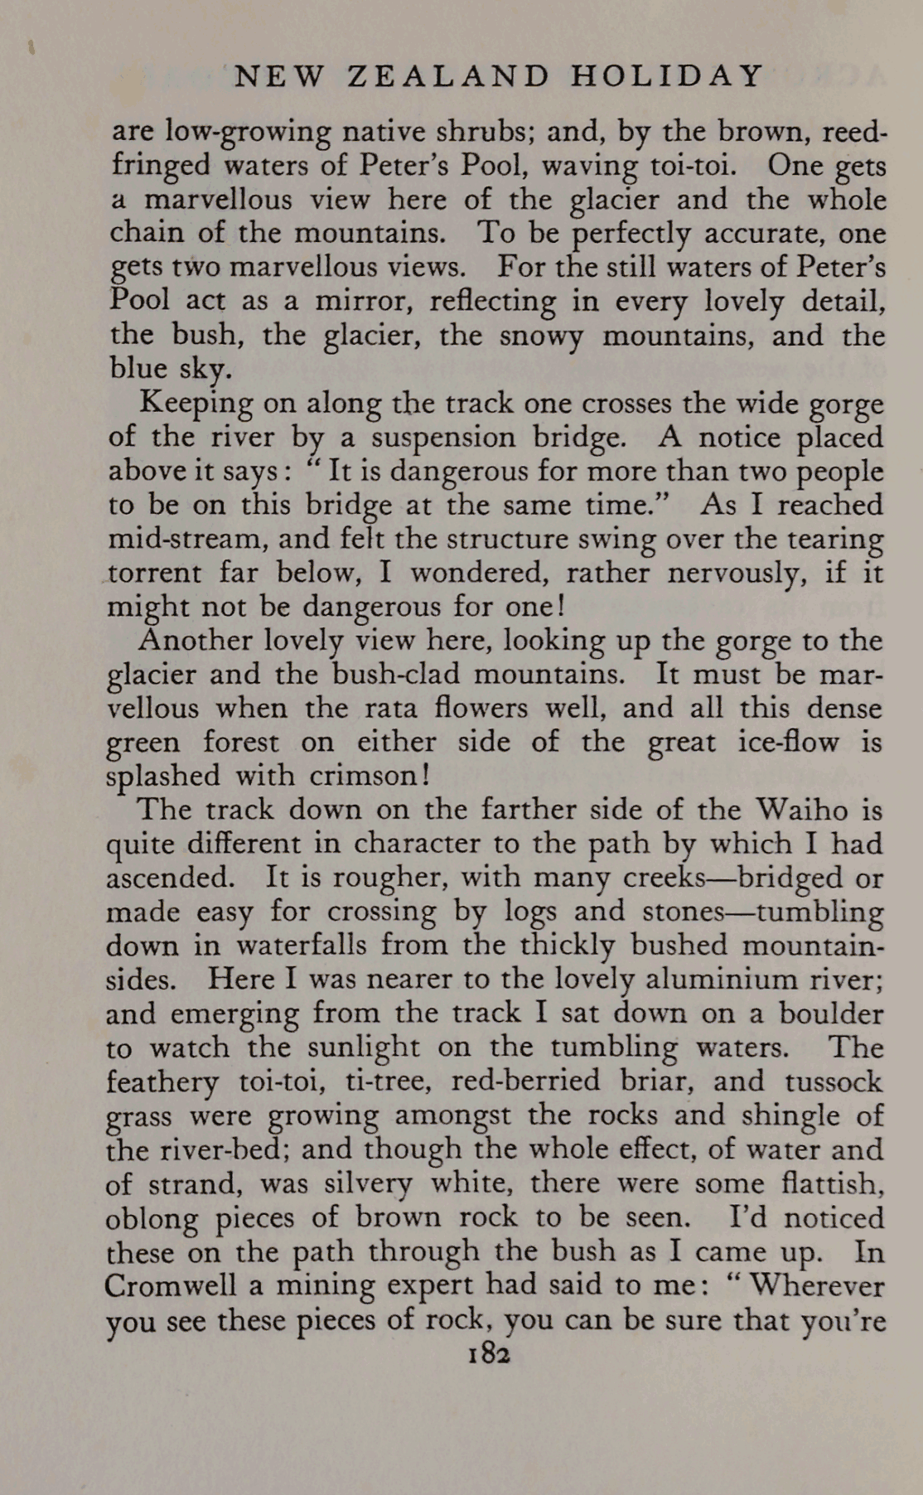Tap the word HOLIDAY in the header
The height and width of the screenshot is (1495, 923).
[x=666, y=76]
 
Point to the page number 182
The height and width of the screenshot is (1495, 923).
[x=488, y=1353]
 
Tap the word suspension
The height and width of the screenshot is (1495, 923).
[x=444, y=437]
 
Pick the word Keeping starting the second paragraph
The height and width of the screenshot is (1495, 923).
[x=196, y=404]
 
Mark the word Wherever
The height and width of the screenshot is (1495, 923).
[x=816, y=1285]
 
